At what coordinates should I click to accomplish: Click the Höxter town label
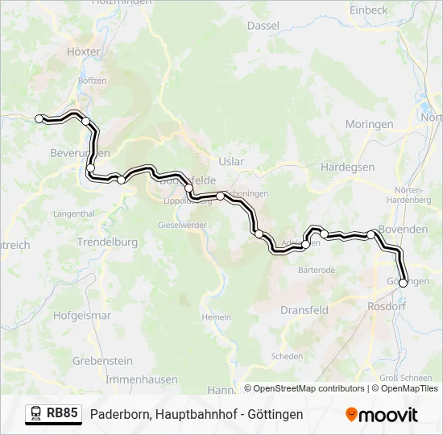click(x=84, y=51)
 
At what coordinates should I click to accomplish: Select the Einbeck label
click(x=368, y=10)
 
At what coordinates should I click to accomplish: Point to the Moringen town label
click(x=369, y=124)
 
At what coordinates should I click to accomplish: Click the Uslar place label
click(x=231, y=162)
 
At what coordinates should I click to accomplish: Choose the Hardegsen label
click(x=347, y=167)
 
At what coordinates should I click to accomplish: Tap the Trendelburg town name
click(x=107, y=242)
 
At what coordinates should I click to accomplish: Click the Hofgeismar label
click(x=82, y=316)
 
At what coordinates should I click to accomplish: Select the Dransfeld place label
click(x=304, y=309)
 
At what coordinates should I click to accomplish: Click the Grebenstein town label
click(x=102, y=361)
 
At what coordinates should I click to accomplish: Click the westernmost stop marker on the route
click(x=39, y=118)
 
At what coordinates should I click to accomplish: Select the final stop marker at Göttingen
click(x=404, y=283)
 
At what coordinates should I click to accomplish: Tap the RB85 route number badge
click(x=62, y=413)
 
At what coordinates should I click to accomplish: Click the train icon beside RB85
click(x=36, y=414)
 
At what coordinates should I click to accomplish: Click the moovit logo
click(x=381, y=415)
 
